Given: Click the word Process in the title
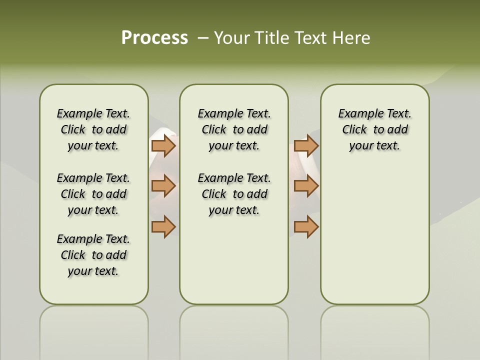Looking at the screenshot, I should click(x=154, y=38).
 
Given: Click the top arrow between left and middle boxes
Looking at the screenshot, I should click(x=163, y=146).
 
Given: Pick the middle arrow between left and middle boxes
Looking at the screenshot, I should click(x=163, y=186).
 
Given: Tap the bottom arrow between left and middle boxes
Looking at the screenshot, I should click(x=163, y=226).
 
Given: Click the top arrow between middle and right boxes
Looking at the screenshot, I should click(x=306, y=146).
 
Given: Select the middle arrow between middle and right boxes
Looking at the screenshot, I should click(x=306, y=186).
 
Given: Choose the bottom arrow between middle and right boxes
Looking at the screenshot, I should click(x=306, y=226).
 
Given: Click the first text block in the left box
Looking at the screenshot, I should click(x=93, y=129).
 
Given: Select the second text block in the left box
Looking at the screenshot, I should click(x=93, y=194).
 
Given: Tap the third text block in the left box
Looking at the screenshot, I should click(x=93, y=255).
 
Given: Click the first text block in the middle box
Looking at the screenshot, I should click(x=234, y=129).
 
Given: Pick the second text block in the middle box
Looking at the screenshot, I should click(x=234, y=194).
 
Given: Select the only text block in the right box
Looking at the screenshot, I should click(x=374, y=129).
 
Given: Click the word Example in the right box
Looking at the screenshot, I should click(x=356, y=113).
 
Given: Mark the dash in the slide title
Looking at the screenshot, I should click(x=203, y=38).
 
